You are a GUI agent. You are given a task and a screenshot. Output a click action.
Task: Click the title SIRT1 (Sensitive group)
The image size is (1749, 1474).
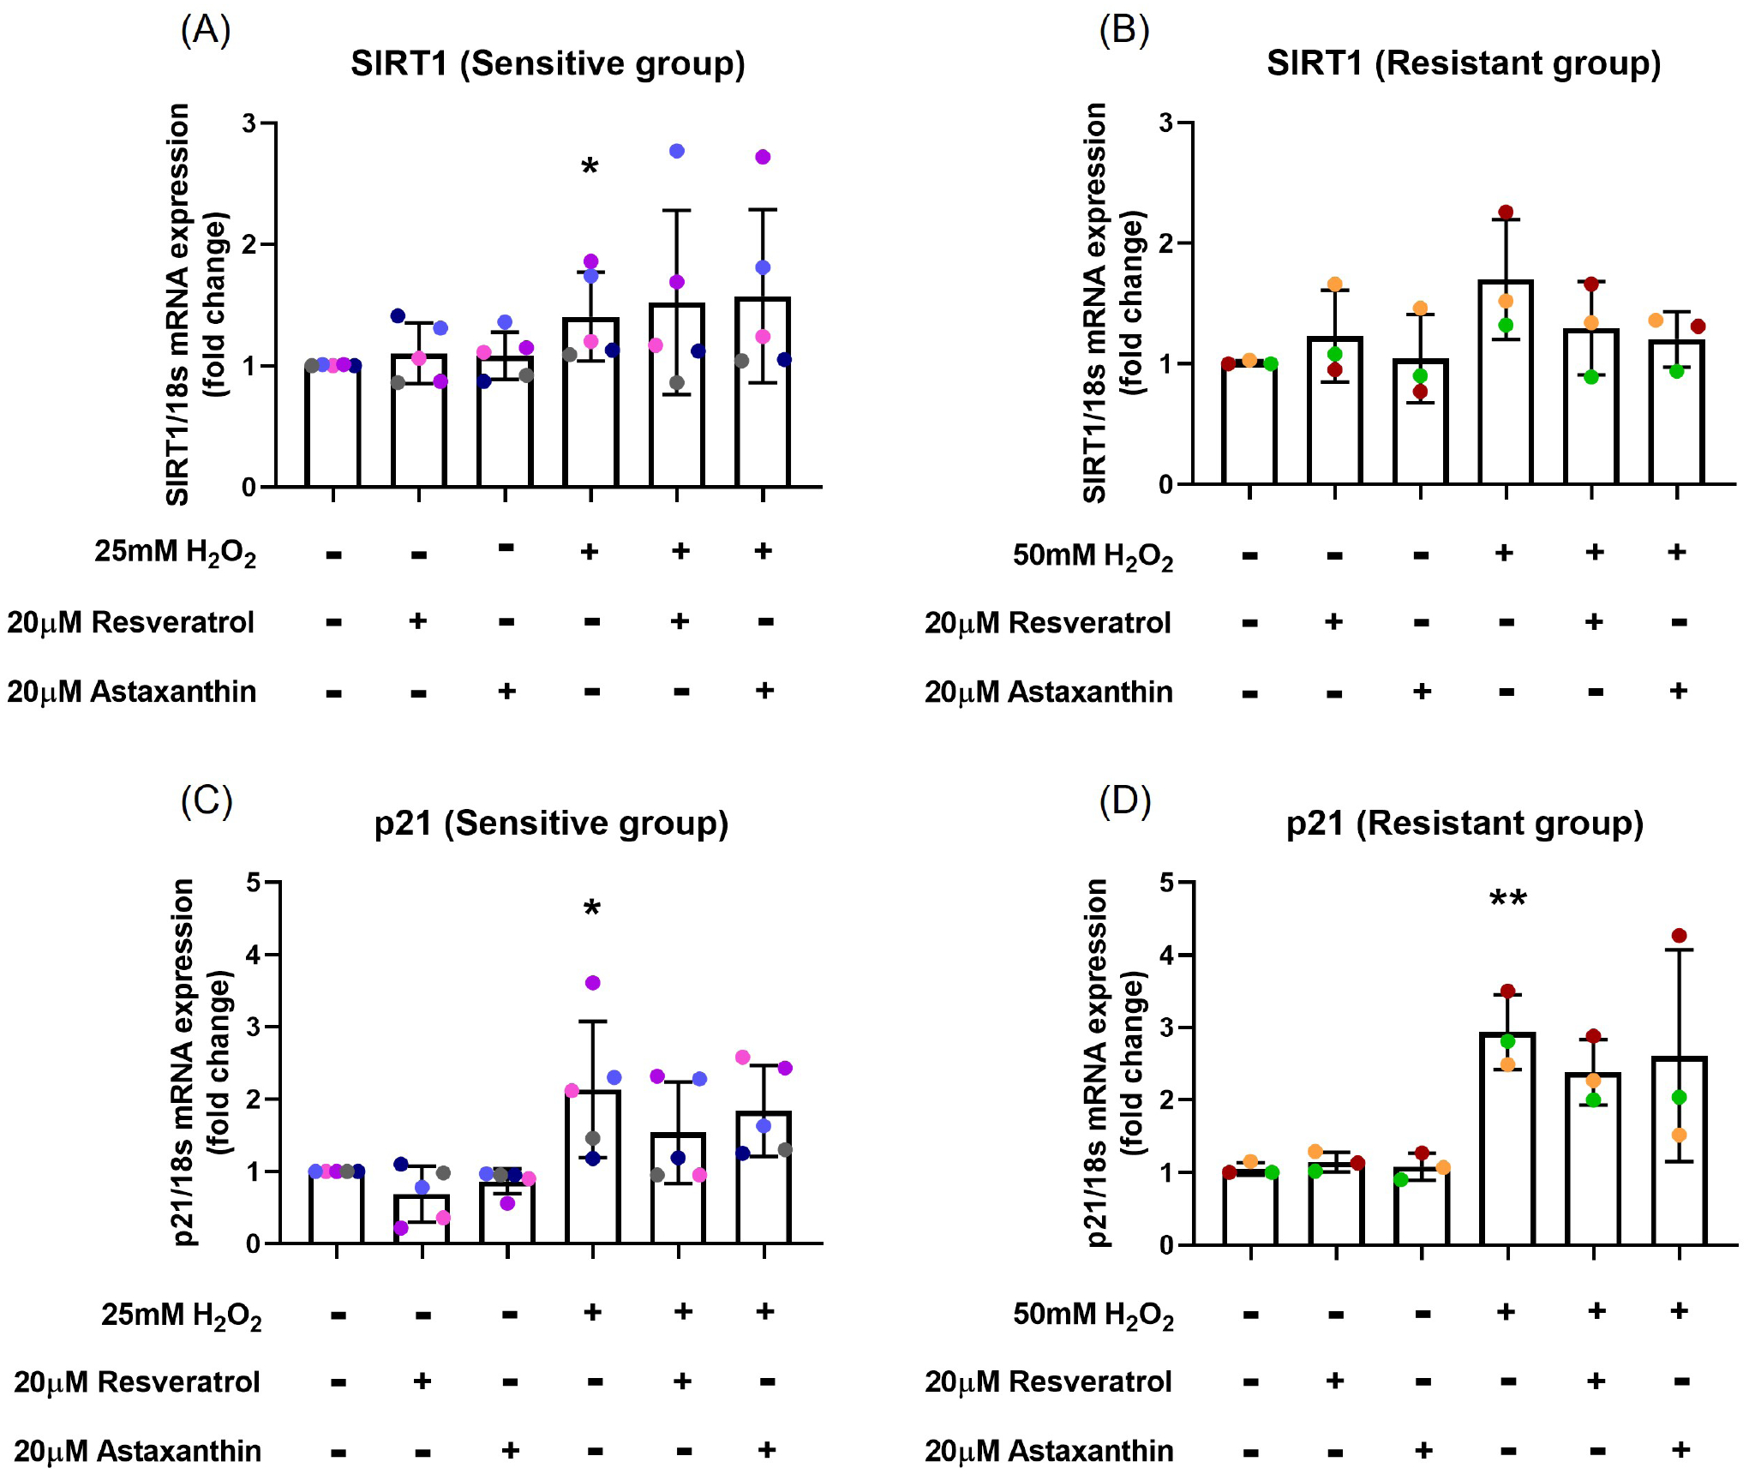tap(548, 63)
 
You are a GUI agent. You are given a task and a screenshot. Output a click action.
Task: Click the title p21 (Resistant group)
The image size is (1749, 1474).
tap(1464, 823)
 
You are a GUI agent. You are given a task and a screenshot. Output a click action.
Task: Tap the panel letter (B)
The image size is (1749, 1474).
tap(1123, 30)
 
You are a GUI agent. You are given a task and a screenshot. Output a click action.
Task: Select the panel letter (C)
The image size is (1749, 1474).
tap(207, 801)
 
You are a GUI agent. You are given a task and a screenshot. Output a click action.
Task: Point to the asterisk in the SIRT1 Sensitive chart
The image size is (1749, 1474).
tap(590, 166)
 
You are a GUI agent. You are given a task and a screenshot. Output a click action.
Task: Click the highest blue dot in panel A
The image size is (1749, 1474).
tap(677, 152)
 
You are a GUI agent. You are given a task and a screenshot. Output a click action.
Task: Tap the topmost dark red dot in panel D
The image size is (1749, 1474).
tap(1679, 936)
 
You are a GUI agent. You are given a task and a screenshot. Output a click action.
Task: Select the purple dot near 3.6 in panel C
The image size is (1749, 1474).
tap(593, 983)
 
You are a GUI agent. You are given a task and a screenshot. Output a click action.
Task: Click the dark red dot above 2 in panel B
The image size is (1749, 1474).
tap(1506, 213)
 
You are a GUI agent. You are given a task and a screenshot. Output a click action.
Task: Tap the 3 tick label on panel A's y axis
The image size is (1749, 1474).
tap(249, 123)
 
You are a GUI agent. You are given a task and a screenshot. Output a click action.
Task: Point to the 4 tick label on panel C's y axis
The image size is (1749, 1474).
tap(254, 954)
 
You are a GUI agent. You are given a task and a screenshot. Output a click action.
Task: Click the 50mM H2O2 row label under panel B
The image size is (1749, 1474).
tap(1093, 556)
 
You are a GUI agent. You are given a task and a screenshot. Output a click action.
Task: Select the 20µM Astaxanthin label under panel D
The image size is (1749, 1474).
tap(1049, 1451)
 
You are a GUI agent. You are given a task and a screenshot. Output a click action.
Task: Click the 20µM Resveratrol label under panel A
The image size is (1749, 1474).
tap(130, 622)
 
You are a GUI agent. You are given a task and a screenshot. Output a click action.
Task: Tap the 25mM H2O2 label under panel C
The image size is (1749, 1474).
tap(181, 1315)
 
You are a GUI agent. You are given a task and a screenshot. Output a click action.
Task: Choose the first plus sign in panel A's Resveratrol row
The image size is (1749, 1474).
tap(418, 620)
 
